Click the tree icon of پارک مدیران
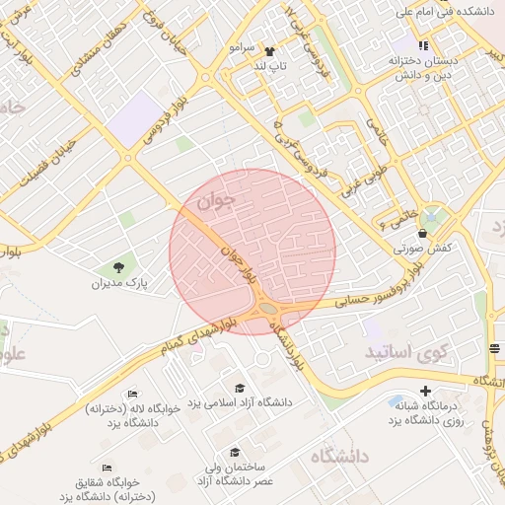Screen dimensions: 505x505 (x=118, y=266)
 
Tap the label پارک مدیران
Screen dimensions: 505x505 (x=118, y=283)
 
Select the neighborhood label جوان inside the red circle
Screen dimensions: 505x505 (x=218, y=202)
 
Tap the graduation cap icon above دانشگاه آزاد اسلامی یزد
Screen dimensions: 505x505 (x=239, y=387)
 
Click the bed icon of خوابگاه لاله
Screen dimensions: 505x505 (x=133, y=394)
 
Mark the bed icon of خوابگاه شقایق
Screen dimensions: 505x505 (x=107, y=468)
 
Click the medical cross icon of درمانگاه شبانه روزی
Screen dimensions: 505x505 (x=425, y=391)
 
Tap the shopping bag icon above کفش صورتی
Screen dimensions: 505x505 (x=423, y=234)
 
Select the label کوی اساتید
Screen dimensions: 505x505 (x=407, y=352)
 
